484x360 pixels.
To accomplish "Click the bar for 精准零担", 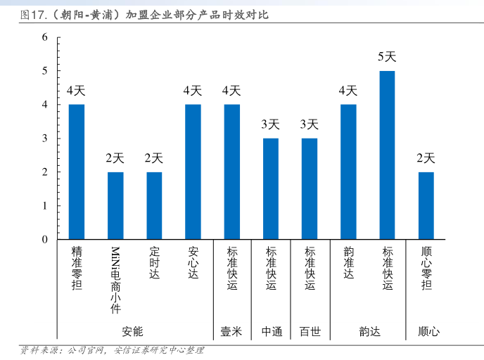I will (x=77, y=172).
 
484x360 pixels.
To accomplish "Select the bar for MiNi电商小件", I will (x=115, y=206).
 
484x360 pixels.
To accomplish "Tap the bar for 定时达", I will (x=154, y=206).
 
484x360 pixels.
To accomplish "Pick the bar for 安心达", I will (x=193, y=172).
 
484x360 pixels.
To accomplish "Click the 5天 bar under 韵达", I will (x=387, y=155).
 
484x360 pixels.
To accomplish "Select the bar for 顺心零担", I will (x=426, y=206).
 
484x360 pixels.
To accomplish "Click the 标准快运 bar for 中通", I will (x=271, y=189).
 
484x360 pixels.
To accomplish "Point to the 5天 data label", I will (x=387, y=57).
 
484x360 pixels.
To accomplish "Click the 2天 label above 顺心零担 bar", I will (x=426, y=158).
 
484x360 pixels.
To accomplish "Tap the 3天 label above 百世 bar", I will (x=310, y=124).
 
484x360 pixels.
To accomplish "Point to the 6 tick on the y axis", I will (x=44, y=37).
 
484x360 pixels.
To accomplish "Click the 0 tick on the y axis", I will (x=44, y=240).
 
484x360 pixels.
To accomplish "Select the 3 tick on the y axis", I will (x=44, y=139).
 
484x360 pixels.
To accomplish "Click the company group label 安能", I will (x=132, y=331).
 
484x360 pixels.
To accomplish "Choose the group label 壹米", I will (x=231, y=331).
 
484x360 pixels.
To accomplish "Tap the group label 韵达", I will (x=369, y=331).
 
